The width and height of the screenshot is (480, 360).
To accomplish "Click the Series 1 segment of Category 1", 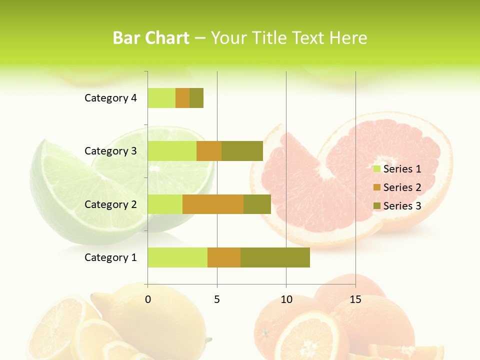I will (x=177, y=257).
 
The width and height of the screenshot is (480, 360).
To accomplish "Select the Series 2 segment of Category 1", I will (x=224, y=257).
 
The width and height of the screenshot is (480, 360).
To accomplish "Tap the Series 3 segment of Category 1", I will (x=275, y=257).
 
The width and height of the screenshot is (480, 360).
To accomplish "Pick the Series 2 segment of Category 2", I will (x=213, y=204).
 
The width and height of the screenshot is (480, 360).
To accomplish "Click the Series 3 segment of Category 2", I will (x=257, y=204).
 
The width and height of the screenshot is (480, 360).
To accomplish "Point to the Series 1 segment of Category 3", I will (x=172, y=151).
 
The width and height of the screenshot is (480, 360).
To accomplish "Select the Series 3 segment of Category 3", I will (x=242, y=151).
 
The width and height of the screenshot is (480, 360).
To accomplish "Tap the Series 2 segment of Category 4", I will (x=182, y=98).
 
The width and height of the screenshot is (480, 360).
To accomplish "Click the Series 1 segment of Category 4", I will (x=161, y=98).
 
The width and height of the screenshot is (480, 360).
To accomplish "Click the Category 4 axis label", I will (x=110, y=98).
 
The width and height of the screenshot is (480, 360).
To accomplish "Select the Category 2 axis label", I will (x=110, y=204).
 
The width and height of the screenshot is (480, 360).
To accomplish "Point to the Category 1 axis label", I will (x=110, y=257).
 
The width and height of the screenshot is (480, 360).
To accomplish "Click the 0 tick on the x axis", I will (x=148, y=299).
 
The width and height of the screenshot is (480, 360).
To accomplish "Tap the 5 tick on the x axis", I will (x=217, y=299).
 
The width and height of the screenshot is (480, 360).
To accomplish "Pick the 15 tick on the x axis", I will (x=355, y=299).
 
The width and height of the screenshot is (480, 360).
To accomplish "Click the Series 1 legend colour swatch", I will (x=377, y=169).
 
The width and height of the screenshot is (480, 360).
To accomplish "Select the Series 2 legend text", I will (x=402, y=187).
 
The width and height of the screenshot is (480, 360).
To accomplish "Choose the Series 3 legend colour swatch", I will (x=377, y=206).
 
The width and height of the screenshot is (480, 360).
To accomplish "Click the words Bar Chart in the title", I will (x=151, y=38).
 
